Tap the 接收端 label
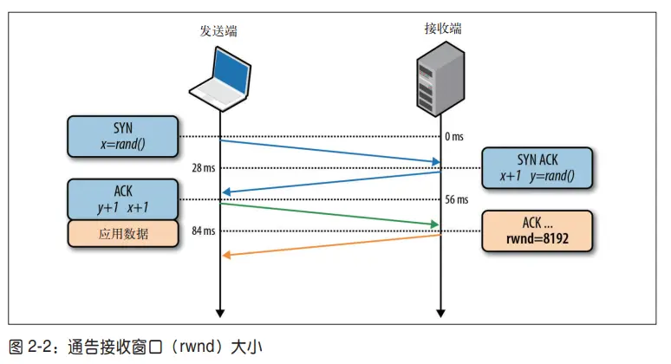[442, 29]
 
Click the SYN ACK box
[537, 168]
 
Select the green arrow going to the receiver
[329, 215]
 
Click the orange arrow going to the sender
[329, 244]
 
